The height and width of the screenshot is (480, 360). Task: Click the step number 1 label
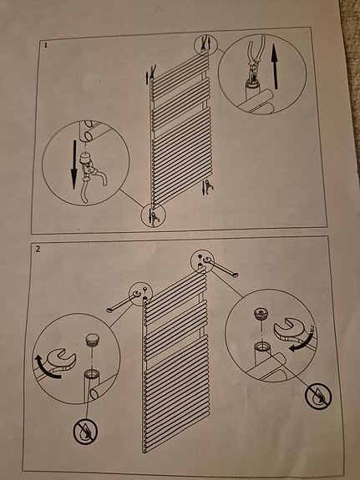click(46, 45)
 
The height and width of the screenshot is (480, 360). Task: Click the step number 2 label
click(38, 249)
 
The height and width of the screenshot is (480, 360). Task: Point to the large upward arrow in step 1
click(275, 68)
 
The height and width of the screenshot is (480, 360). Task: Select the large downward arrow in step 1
click(74, 164)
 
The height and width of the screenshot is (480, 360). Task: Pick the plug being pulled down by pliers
click(85, 159)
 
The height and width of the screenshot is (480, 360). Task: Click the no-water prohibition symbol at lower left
click(85, 432)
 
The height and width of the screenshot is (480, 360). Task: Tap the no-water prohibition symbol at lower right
click(318, 397)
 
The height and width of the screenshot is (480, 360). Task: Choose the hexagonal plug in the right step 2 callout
click(261, 314)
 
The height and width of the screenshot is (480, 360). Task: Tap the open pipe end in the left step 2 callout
click(91, 374)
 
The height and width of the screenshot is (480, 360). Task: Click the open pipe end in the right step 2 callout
click(261, 346)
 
